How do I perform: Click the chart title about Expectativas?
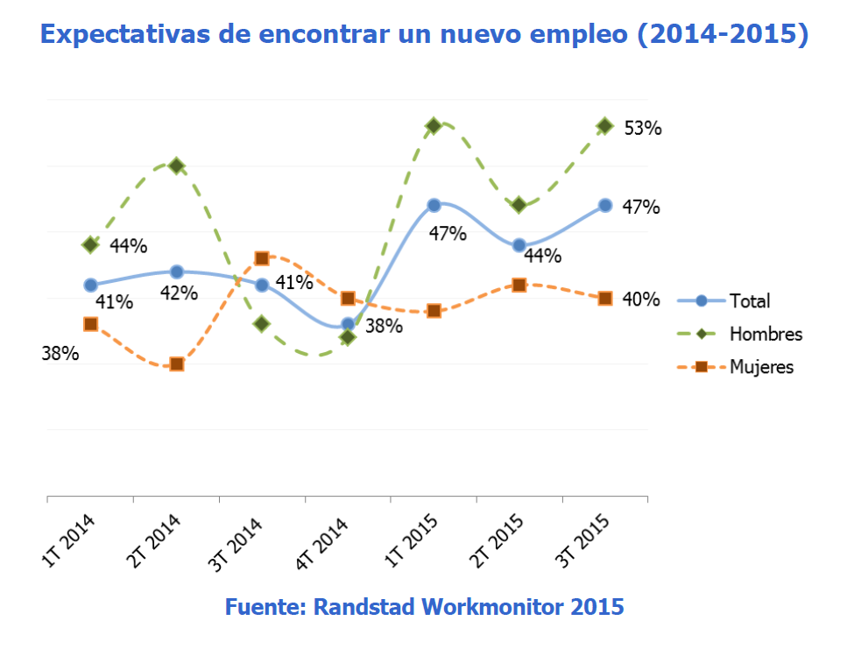[x=424, y=34]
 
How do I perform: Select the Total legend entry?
[x=750, y=301]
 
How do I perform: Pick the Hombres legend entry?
[x=766, y=334]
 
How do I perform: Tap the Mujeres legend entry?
[x=761, y=367]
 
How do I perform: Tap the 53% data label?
[x=642, y=128]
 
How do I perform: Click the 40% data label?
[x=640, y=300]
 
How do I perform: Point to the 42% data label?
[x=178, y=293]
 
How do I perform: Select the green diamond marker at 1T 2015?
[x=433, y=126]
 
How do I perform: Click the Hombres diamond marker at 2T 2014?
[x=177, y=166]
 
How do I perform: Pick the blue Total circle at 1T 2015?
[x=434, y=205]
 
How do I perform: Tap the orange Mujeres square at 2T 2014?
[x=177, y=363]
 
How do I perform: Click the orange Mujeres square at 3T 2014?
[x=262, y=258]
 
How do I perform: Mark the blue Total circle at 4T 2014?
[x=348, y=324]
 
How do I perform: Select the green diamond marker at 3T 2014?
[x=262, y=324]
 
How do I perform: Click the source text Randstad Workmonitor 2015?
[x=424, y=606]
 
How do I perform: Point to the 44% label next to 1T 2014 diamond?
[x=128, y=246]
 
